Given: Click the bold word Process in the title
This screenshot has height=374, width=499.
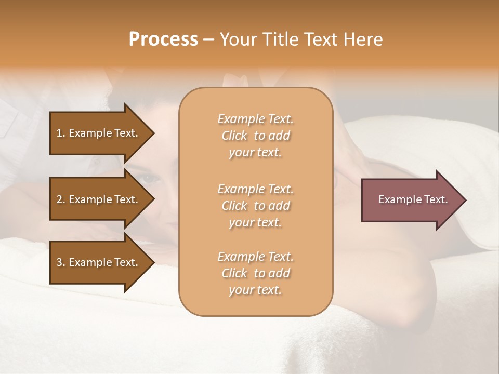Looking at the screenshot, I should click(x=163, y=39).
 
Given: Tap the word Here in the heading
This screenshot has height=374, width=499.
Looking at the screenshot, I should click(x=362, y=39).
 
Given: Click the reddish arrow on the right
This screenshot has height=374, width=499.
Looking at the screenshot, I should click(x=411, y=199).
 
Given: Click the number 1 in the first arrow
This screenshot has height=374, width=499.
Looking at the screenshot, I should click(x=59, y=133).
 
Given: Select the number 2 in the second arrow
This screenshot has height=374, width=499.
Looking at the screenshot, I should click(x=59, y=199).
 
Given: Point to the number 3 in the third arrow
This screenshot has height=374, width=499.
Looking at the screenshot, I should click(x=59, y=262).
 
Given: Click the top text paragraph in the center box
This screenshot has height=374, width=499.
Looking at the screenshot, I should click(x=255, y=136).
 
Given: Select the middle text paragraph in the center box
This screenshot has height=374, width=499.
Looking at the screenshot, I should click(x=255, y=205).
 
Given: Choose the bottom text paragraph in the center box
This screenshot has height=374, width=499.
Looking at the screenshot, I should click(x=255, y=273).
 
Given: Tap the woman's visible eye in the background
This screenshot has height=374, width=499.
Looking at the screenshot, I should click(x=150, y=179).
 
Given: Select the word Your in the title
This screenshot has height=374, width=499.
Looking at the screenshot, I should click(x=236, y=39).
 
